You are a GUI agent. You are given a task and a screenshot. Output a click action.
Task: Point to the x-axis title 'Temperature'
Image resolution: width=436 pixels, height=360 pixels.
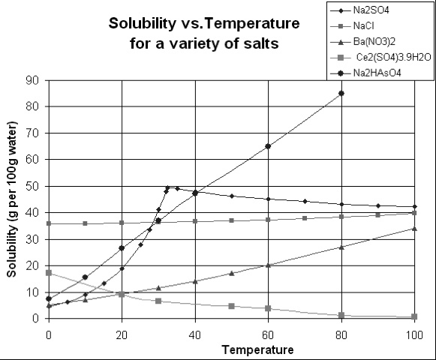coord(230,349)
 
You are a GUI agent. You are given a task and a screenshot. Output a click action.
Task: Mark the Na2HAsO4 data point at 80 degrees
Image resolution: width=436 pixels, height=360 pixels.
coord(341,93)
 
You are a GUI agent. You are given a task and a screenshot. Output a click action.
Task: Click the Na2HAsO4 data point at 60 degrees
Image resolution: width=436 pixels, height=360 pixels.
coord(268,146)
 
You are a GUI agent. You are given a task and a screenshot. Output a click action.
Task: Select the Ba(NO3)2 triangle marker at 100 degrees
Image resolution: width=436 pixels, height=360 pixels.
coord(414,229)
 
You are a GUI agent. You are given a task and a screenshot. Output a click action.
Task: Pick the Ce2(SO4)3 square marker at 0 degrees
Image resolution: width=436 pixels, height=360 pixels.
coord(49,273)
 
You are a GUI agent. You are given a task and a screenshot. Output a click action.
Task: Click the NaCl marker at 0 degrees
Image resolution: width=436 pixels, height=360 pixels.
coord(49,223)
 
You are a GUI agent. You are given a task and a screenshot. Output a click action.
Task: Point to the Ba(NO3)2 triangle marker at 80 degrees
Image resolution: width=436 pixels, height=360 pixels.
coord(341,247)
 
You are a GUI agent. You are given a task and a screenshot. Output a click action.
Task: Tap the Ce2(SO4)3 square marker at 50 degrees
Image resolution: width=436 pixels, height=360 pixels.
coord(231,306)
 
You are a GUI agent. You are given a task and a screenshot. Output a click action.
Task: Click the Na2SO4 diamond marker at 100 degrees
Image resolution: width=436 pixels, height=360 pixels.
coord(414,207)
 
